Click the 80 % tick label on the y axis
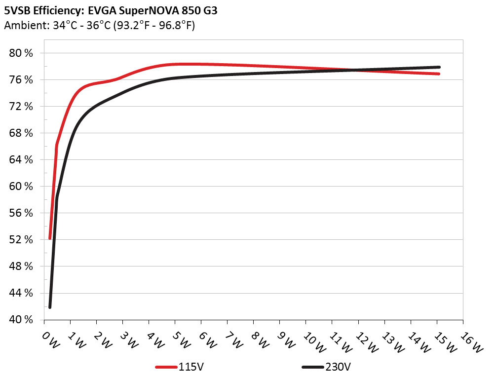tap(21, 53)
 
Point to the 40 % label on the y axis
tap(21, 320)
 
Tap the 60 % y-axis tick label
tap(21, 187)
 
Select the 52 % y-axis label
tap(21, 240)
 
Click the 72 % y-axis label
tap(21, 107)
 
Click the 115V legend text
tap(191, 367)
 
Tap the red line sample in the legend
tap(166, 367)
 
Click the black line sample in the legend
tap(313, 367)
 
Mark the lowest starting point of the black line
tap(50, 307)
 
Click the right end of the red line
tap(438, 74)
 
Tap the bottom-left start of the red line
tap(50, 238)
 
